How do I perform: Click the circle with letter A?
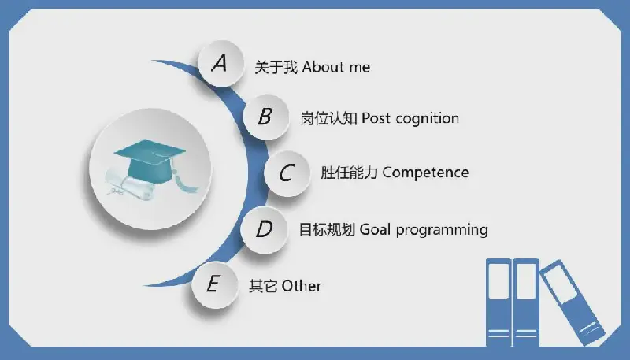point(221,64)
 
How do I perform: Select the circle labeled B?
point(266,117)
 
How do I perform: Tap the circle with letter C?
point(287,173)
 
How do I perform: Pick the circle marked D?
point(264,229)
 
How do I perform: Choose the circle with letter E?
point(215,285)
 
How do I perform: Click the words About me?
point(336,67)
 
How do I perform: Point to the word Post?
point(376,118)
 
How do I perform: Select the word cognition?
point(427,119)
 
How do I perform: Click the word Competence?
point(425,173)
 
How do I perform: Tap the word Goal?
point(376,229)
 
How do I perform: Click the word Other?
point(302,286)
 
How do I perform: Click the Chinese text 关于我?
point(276,67)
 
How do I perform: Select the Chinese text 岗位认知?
point(328,118)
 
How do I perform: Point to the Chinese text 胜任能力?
point(349,173)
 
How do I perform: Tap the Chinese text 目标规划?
point(327,230)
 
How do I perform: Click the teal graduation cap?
point(150,160)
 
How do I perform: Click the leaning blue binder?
point(572,302)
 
